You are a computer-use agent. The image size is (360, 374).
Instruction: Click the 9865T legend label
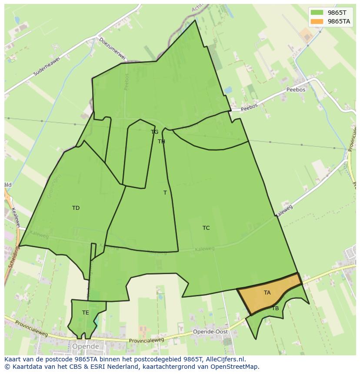(x=337, y=13)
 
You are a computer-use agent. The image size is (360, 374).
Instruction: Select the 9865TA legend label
(x=339, y=21)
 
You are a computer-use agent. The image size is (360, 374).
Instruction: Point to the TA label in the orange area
(x=267, y=293)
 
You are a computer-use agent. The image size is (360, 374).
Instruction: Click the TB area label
(x=275, y=308)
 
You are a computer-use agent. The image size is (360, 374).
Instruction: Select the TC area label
(x=206, y=228)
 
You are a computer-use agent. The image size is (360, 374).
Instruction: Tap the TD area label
(x=76, y=208)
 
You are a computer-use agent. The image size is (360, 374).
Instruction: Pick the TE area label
(x=86, y=313)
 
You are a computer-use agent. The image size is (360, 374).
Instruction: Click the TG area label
(x=154, y=132)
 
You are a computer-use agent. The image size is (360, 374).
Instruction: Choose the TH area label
(x=161, y=142)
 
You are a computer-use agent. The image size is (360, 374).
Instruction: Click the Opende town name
(x=86, y=347)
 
